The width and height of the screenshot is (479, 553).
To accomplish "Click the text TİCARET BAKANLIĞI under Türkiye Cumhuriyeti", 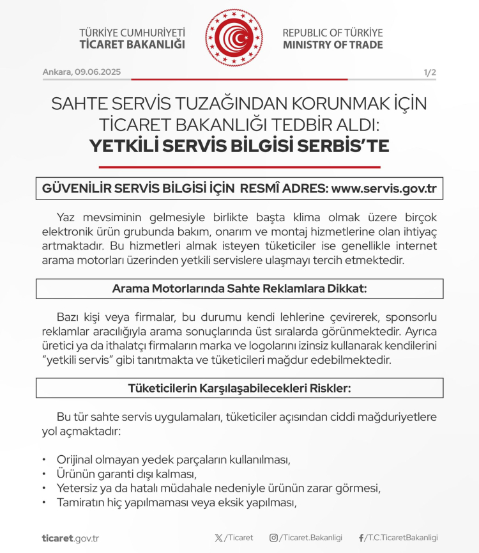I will [132, 45].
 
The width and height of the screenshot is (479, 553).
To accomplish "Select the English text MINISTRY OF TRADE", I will [333, 45].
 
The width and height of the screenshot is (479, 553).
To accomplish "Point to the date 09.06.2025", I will [99, 72].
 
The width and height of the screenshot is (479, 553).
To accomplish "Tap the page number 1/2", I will [430, 72].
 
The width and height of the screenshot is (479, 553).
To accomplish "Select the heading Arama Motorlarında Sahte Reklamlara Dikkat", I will [240, 288].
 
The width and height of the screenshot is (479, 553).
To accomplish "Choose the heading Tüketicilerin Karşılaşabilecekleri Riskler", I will [240, 387].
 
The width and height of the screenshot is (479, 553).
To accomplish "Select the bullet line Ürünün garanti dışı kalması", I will [126, 474].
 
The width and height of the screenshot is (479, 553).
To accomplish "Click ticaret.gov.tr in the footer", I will [70, 538].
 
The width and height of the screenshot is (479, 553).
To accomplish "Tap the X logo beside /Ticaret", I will [220, 538].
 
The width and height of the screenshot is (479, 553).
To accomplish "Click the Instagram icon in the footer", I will [273, 538].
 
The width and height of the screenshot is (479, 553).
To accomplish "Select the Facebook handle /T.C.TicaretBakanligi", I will [402, 538].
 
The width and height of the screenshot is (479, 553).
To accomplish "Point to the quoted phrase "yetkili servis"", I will [75, 359].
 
